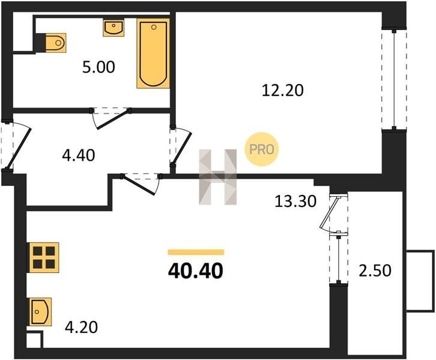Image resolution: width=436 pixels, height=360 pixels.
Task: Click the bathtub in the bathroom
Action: [153, 53]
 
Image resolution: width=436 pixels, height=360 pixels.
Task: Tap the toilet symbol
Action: [55, 43]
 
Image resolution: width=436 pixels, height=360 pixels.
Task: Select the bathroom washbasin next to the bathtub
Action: [114, 28]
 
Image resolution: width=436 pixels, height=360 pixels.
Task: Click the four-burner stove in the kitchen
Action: [44, 257]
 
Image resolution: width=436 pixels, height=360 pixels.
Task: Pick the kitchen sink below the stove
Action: [41, 311]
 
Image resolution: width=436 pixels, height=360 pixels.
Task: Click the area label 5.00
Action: [98, 67]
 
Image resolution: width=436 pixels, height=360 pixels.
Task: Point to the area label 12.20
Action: [282, 91]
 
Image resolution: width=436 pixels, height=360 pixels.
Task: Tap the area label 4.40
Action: [79, 155]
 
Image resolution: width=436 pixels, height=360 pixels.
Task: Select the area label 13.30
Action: [295, 202]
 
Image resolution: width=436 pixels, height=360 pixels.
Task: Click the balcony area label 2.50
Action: [375, 271]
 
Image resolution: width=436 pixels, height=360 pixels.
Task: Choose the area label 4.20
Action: [81, 327]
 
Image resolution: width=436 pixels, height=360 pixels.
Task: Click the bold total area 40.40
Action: [195, 271]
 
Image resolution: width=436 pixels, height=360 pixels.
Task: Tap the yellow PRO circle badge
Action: [261, 149]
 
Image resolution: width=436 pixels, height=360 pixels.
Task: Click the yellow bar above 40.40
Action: [196, 252]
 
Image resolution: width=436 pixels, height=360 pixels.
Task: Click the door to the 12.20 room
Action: [181, 146]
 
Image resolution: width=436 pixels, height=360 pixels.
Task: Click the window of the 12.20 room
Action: [394, 79]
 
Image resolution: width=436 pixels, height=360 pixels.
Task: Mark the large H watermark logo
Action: [218, 177]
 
